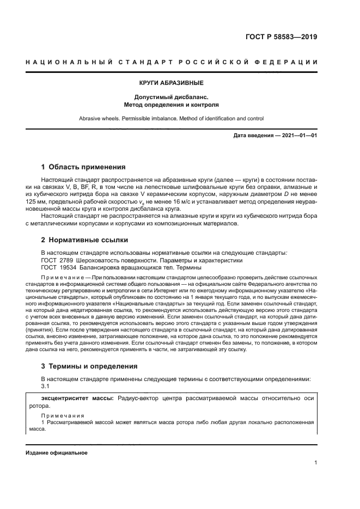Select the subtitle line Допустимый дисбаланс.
coord(172,96)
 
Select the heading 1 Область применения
coord(83,167)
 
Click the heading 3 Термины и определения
coord(89,366)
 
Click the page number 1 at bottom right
coord(315,463)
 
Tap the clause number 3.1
coord(45,386)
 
